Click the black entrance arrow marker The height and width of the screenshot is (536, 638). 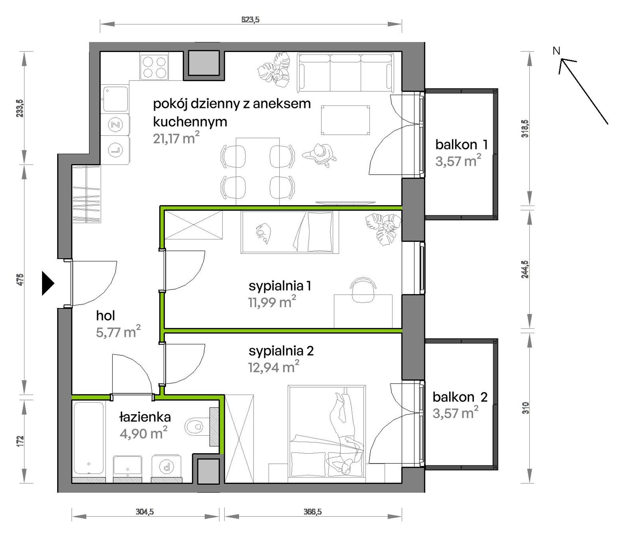click(47, 283)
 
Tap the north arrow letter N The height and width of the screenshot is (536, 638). click(556, 51)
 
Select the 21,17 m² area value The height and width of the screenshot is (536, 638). click(176, 138)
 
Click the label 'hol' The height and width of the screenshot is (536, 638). click(105, 315)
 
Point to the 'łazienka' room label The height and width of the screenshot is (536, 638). click(145, 417)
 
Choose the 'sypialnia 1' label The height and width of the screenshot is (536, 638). click(280, 286)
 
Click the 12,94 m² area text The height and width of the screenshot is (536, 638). click(273, 367)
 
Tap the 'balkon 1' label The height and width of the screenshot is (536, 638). click(461, 144)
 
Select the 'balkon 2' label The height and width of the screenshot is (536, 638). click(460, 397)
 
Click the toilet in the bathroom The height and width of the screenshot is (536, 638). click(196, 427)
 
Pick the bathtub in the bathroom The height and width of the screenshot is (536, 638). click(89, 438)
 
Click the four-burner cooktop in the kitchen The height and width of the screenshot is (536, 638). click(154, 67)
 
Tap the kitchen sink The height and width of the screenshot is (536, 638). click(116, 99)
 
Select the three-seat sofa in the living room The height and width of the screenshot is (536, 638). click(345, 73)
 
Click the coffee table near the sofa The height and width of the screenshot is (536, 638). click(345, 120)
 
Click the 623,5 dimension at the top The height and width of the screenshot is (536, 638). click(250, 20)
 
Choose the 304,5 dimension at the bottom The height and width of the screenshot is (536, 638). click(145, 511)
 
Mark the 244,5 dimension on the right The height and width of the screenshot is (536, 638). click(525, 269)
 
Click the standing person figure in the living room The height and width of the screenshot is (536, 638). click(320, 155)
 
